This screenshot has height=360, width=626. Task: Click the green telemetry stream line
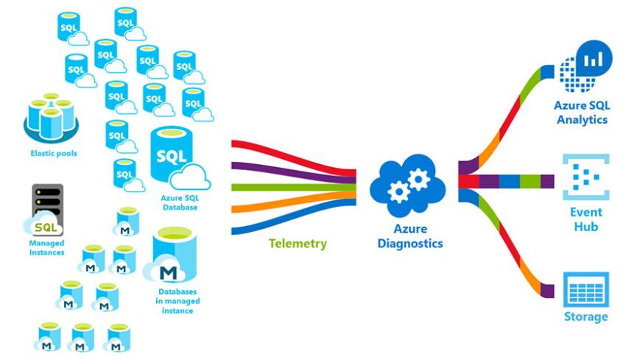coord(295,188)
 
